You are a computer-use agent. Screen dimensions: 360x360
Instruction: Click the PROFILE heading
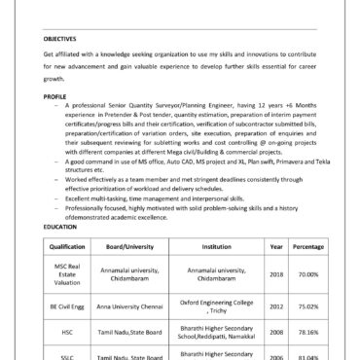[54, 97]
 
